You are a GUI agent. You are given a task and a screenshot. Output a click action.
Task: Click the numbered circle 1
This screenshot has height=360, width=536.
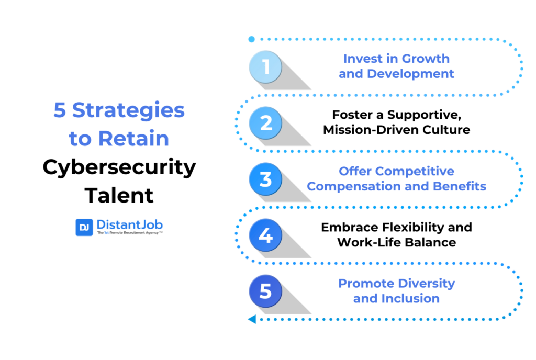(265, 66)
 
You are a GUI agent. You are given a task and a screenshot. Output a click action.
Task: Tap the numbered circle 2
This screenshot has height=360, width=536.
(265, 122)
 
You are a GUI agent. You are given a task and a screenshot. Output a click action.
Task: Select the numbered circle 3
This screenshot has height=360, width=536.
(265, 179)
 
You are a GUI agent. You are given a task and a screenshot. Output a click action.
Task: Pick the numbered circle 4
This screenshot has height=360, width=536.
(265, 235)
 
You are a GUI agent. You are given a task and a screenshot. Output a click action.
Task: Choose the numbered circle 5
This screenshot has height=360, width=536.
(265, 291)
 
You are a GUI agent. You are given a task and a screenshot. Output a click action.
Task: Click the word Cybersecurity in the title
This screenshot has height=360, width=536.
(119, 168)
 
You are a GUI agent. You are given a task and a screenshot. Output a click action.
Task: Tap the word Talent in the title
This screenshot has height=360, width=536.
(119, 195)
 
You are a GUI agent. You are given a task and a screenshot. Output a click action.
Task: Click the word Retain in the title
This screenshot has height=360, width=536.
(133, 138)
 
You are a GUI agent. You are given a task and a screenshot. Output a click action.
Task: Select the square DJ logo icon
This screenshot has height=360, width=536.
(84, 227)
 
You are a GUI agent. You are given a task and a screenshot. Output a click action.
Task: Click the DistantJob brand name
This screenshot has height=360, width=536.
(130, 225)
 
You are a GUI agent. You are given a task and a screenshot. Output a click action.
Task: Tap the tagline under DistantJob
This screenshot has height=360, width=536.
(130, 233)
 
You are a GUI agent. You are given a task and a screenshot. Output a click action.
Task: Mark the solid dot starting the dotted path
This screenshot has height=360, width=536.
(252, 39)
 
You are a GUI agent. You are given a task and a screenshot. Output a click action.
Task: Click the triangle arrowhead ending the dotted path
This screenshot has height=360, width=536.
(252, 319)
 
